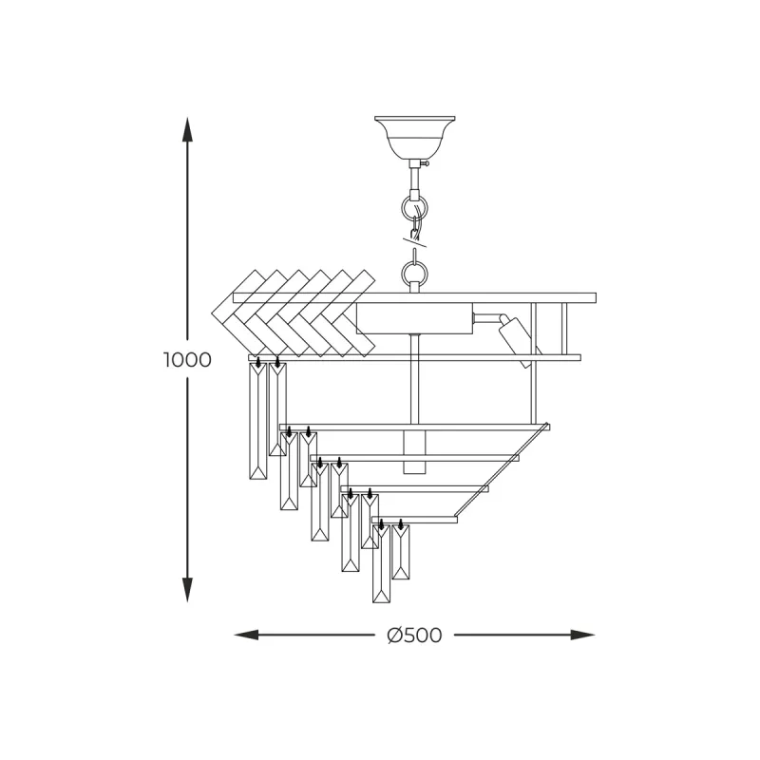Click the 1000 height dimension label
tap(187, 360)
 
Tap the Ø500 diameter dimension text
tap(415, 636)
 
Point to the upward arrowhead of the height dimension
tap(187, 129)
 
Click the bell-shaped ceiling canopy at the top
tap(415, 135)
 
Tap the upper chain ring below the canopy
tap(414, 207)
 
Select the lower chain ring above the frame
tap(414, 274)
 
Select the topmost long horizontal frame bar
tap(414, 297)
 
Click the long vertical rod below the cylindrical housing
tap(414, 380)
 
